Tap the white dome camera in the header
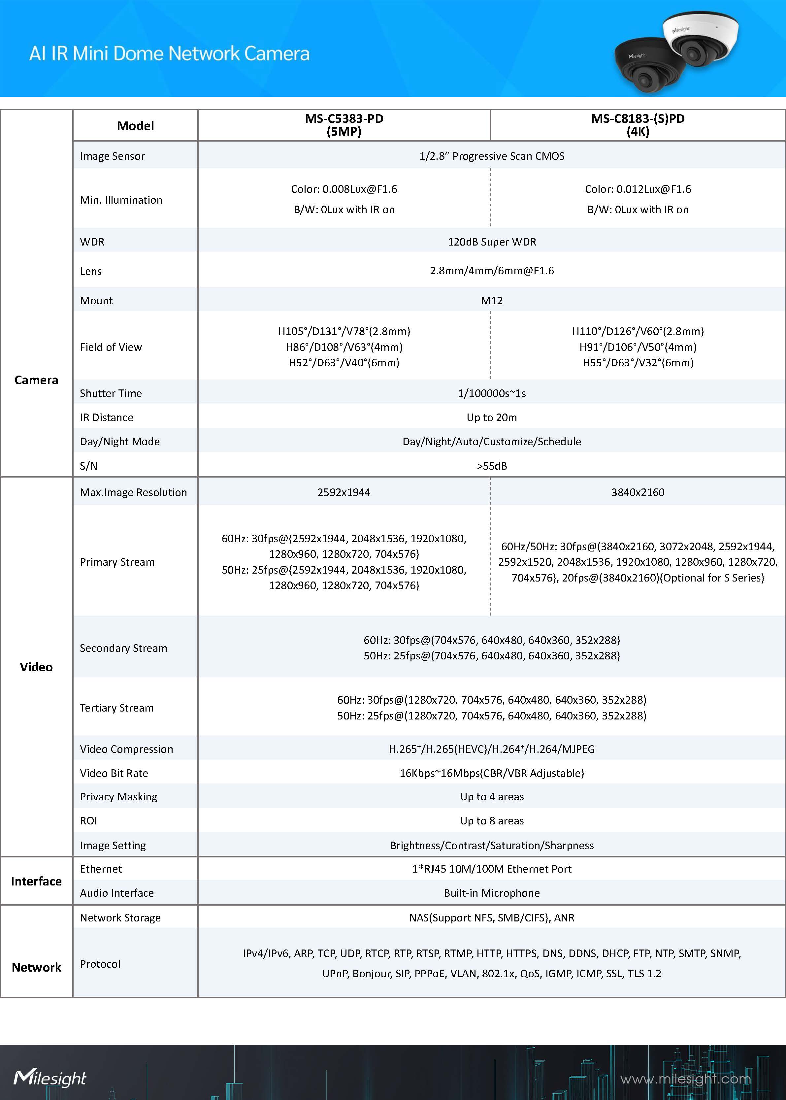pos(701,39)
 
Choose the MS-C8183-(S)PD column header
pos(638,125)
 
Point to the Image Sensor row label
pos(112,156)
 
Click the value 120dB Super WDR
pos(492,242)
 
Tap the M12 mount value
pos(492,301)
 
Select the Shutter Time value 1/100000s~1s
pos(492,393)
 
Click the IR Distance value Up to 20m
pos(492,417)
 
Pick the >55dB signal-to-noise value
pos(492,466)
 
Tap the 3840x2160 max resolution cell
pos(638,492)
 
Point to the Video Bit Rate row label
pos(114,773)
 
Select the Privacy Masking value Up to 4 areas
pos(492,797)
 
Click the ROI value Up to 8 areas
pos(492,821)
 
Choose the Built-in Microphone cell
pos(492,893)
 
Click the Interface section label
pos(36,881)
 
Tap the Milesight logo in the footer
pos(50,1078)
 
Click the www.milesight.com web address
pos(685,1079)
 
